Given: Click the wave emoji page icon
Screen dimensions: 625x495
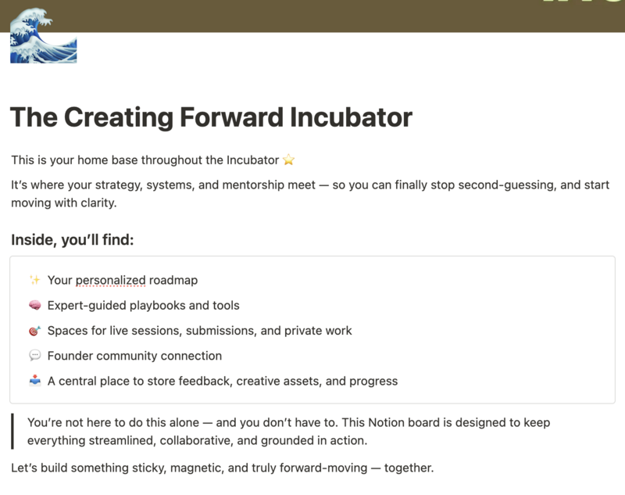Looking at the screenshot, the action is pyautogui.click(x=43, y=36).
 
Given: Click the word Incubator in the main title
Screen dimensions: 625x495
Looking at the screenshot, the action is pyautogui.click(x=351, y=117).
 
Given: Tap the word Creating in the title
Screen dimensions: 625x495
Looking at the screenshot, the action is pyautogui.click(x=119, y=118).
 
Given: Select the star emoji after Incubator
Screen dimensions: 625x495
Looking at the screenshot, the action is pyautogui.click(x=288, y=160).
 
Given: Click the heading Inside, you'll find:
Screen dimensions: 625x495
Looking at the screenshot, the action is pyautogui.click(x=73, y=240).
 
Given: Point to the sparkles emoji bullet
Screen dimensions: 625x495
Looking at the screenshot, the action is pyautogui.click(x=34, y=280).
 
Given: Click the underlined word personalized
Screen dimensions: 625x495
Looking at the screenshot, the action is pyautogui.click(x=110, y=281).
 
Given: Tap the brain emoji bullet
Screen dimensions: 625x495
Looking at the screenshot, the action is pyautogui.click(x=34, y=306).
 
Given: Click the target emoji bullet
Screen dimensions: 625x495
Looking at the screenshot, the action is pyautogui.click(x=34, y=331).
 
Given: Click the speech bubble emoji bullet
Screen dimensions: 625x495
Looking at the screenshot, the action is pyautogui.click(x=34, y=355).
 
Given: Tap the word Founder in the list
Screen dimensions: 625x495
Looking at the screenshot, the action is pyautogui.click(x=70, y=356).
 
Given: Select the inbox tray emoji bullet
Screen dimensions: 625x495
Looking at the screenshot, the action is pyautogui.click(x=34, y=381).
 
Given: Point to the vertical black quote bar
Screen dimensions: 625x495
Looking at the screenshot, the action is pyautogui.click(x=12, y=431).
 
